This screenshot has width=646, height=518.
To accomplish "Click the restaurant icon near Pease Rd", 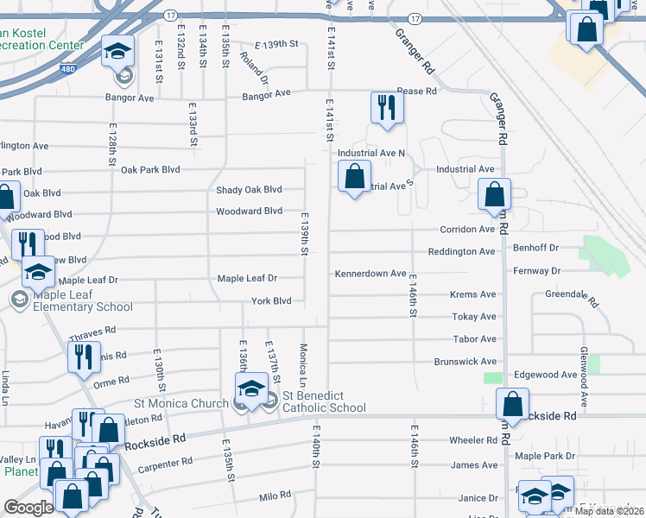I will (386, 108).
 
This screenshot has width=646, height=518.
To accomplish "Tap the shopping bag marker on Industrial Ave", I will (354, 179).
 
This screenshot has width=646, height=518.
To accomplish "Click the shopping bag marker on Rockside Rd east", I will (513, 404).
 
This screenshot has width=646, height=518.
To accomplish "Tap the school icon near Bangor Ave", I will (117, 52).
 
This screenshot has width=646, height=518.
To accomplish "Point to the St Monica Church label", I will (181, 402).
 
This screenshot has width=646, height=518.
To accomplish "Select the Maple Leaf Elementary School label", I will (83, 300).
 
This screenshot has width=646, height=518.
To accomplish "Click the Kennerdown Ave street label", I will (371, 274).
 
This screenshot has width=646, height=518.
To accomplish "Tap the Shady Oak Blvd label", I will (249, 190).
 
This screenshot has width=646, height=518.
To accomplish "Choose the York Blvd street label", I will (271, 301).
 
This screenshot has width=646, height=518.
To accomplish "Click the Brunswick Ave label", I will (465, 362).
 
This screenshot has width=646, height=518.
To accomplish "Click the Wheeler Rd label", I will (473, 440).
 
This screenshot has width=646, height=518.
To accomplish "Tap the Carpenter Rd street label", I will (164, 465).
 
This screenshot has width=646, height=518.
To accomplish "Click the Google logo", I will (28, 508).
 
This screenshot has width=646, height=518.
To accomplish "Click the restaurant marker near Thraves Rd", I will (83, 357).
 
